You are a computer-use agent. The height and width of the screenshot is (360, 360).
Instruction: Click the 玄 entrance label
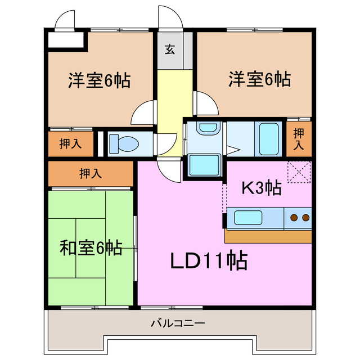pyautogui.click(x=169, y=49)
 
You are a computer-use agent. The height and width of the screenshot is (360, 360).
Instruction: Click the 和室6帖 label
pyautogui.click(x=91, y=247)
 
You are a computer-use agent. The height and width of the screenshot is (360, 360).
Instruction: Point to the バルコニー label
pyautogui.click(x=178, y=323)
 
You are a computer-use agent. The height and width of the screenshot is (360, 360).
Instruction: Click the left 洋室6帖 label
pyautogui.click(x=100, y=80)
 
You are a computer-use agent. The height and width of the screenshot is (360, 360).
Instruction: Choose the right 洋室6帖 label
pyautogui.click(x=259, y=79)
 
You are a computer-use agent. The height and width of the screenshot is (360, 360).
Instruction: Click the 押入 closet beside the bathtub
pyautogui.click(x=299, y=138)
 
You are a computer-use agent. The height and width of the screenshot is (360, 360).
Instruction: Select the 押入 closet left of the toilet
pyautogui.click(x=71, y=143)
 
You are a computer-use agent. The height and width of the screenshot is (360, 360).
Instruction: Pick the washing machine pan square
pyautogui.click(x=204, y=164)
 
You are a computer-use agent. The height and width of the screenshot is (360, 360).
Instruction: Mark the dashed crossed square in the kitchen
pyautogui.click(x=298, y=172)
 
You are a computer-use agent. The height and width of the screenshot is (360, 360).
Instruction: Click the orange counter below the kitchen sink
pyautogui.click(x=268, y=236)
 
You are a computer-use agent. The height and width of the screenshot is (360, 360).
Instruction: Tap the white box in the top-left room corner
pyautogui.click(x=64, y=40)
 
